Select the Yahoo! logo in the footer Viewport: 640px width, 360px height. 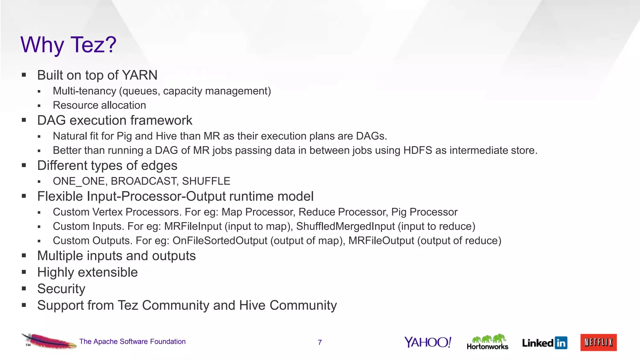coord(427,342)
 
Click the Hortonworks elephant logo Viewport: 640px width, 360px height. coord(487,342)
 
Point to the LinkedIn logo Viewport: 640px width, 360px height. coord(544,343)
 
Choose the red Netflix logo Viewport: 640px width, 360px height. coord(598,342)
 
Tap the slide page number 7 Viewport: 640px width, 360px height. coord(320,342)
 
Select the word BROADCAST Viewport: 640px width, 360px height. coord(143,181)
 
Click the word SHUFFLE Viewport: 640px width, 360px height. coord(206,181)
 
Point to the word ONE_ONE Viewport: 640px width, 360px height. coord(79,181)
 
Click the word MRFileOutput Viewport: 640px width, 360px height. coord(381,241)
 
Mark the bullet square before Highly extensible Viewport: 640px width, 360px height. coord(24,272)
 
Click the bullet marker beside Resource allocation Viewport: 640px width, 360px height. coord(39,106)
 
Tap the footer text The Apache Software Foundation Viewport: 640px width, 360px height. coord(132,342)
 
